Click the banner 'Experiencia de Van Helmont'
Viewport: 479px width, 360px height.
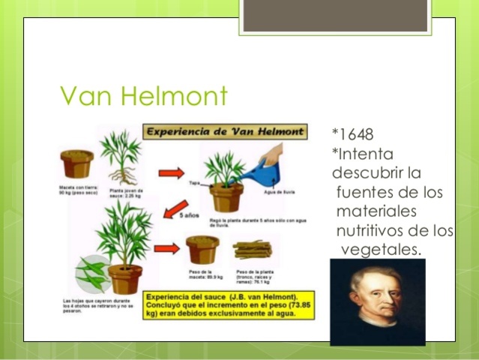tap(226, 133)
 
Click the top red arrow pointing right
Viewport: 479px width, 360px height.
tap(171, 173)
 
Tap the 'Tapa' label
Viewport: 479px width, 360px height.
tap(194, 181)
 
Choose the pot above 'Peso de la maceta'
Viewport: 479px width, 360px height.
tap(203, 250)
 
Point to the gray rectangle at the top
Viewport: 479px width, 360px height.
tap(335, 15)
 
